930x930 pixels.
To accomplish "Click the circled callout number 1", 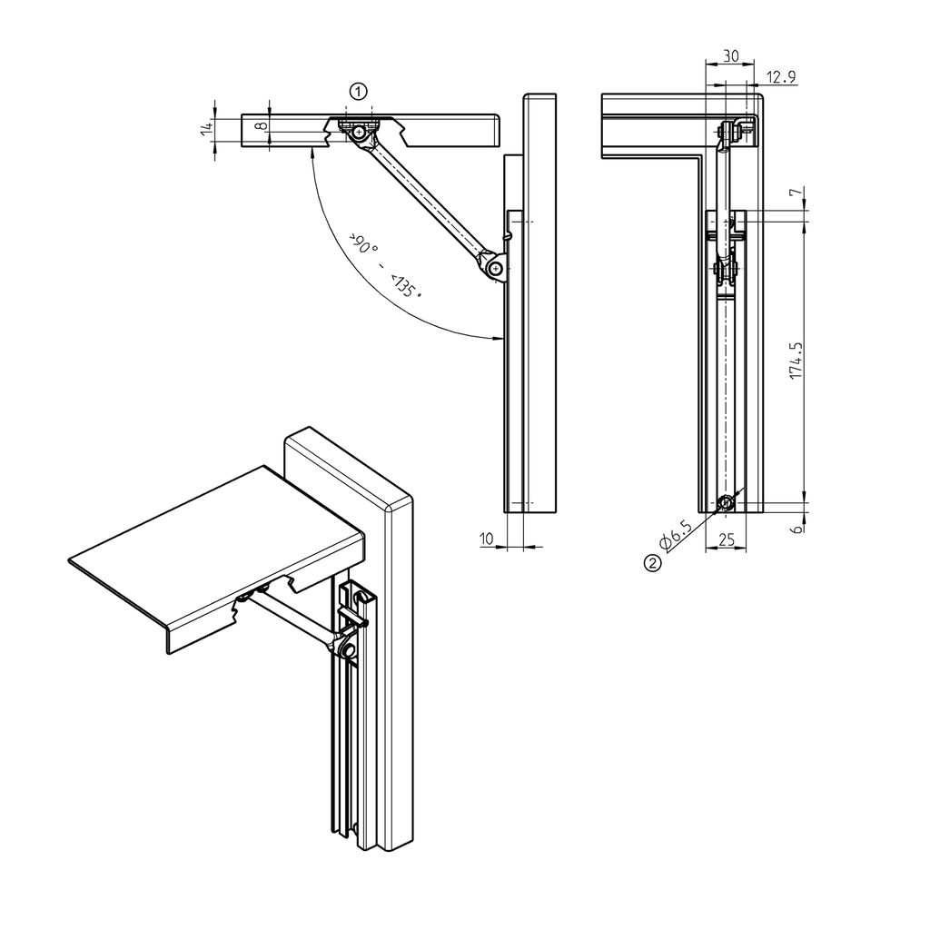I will click(x=360, y=91).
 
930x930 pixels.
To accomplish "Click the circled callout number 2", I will click(x=651, y=563).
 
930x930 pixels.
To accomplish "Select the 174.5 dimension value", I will click(x=796, y=361).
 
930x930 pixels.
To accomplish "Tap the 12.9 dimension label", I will click(x=781, y=77).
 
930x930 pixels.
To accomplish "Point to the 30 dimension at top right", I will click(x=729, y=56).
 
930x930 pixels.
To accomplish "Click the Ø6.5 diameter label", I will click(x=677, y=537).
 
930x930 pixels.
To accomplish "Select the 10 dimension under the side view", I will click(x=486, y=539).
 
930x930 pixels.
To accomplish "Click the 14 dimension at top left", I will click(x=206, y=129).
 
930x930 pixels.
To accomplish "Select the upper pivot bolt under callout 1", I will click(x=360, y=132).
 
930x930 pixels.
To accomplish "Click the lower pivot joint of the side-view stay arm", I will click(x=494, y=269).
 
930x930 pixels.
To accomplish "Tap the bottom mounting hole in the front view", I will click(x=726, y=503).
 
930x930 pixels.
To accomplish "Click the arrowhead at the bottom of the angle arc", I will click(x=498, y=339).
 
